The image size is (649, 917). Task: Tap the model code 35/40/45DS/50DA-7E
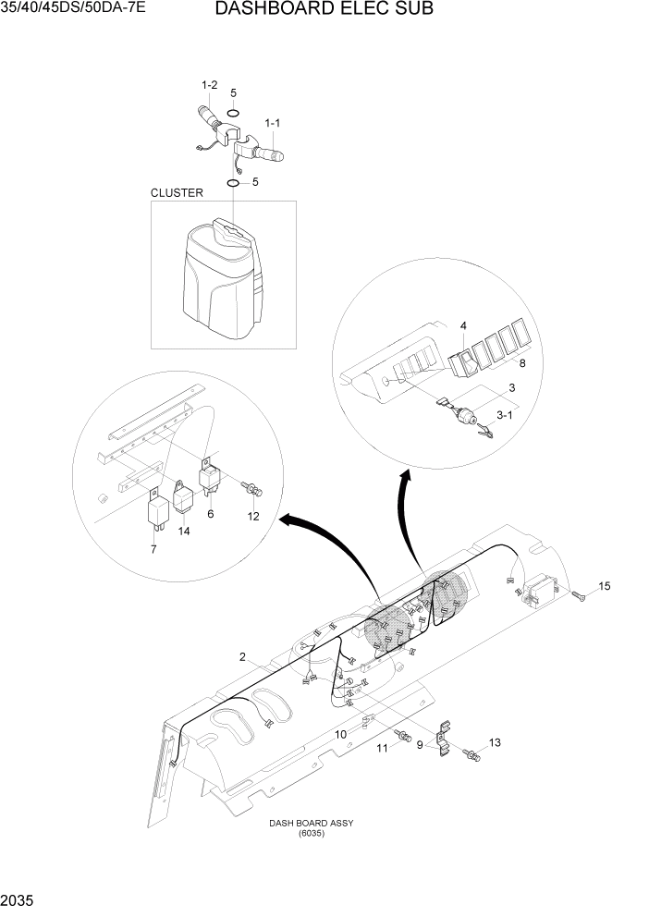tap(73, 10)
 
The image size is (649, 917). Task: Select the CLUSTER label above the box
tap(177, 193)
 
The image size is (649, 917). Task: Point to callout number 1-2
tap(209, 86)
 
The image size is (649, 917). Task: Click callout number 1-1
tap(274, 122)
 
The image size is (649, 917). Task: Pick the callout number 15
tap(605, 586)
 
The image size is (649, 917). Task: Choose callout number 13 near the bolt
tap(495, 742)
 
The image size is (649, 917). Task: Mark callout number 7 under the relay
tap(154, 550)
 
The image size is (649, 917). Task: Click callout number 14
tap(184, 532)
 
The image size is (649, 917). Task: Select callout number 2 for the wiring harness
tap(242, 657)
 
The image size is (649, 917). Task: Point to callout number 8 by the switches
tap(521, 363)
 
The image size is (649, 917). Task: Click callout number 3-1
tap(504, 417)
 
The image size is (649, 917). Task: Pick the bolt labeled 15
tap(578, 595)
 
